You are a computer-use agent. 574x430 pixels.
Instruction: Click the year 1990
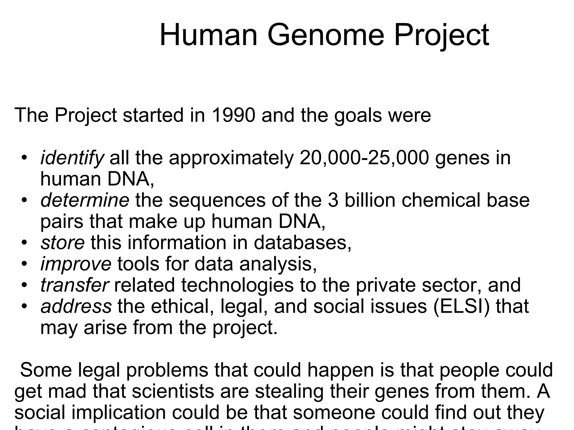pyautogui.click(x=233, y=115)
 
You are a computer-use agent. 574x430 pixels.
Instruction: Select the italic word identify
pyautogui.click(x=72, y=158)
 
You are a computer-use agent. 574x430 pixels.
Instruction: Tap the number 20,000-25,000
pyautogui.click(x=364, y=158)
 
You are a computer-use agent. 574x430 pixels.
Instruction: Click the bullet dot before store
pyautogui.click(x=24, y=242)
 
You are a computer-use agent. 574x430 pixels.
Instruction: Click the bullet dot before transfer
pyautogui.click(x=24, y=285)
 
